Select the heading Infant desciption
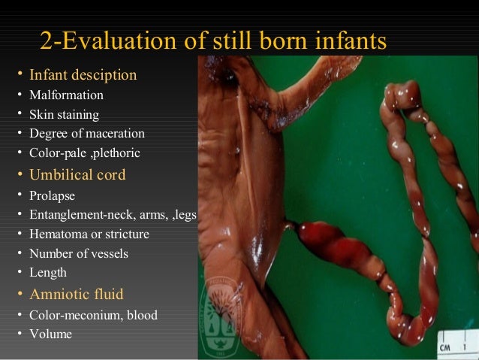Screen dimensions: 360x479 click(x=83, y=75)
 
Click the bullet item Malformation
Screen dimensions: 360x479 click(x=66, y=95)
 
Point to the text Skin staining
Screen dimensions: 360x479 click(x=64, y=115)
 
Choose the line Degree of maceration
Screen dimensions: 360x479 click(x=87, y=134)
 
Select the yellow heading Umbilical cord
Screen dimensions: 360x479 click(x=77, y=175)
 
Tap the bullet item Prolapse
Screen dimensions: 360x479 click(x=52, y=195)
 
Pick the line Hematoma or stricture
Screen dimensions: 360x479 click(x=89, y=234)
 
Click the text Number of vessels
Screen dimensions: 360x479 click(x=78, y=254)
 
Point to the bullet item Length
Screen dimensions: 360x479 click(x=48, y=274)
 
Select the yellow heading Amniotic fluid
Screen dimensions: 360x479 click(x=76, y=295)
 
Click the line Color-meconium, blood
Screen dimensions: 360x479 click(x=93, y=315)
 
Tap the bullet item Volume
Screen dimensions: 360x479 click(x=50, y=334)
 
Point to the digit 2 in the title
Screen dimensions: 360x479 click(x=46, y=42)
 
